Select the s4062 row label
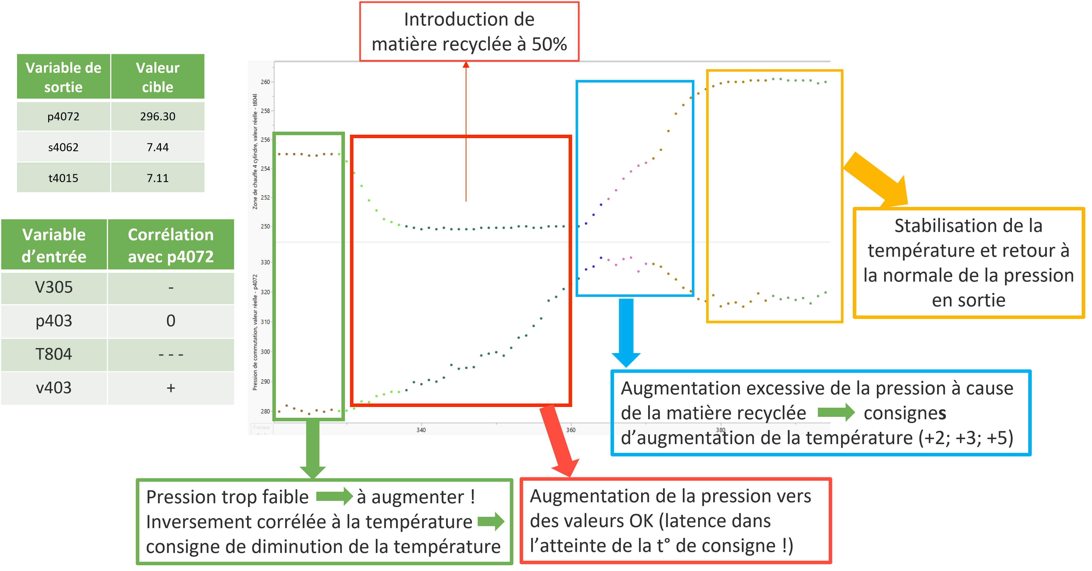pyautogui.click(x=63, y=147)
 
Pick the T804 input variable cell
pyautogui.click(x=53, y=354)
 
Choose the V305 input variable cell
pyautogui.click(x=53, y=287)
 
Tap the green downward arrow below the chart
pyautogui.click(x=313, y=449)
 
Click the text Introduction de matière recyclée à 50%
pyautogui.click(x=469, y=32)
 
